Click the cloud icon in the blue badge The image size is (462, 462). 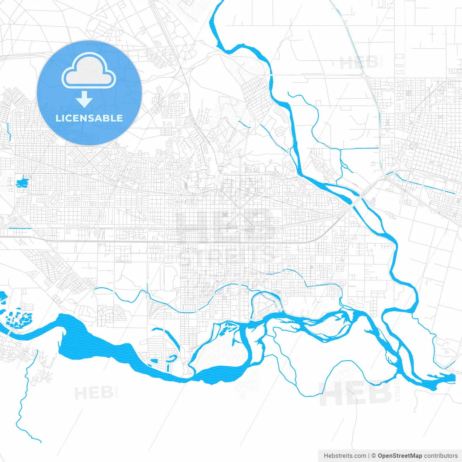tap(89, 71)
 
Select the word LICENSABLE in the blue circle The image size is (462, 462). tap(89, 118)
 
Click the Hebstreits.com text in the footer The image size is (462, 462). tap(345, 456)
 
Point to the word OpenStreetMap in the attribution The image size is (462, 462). tap(400, 456)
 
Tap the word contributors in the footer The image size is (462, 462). tap(441, 456)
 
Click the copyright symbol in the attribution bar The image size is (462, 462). tap(374, 456)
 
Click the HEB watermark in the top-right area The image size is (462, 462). tap(359, 62)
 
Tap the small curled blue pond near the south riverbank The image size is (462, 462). tap(171, 358)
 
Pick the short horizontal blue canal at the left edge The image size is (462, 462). tap(19, 228)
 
